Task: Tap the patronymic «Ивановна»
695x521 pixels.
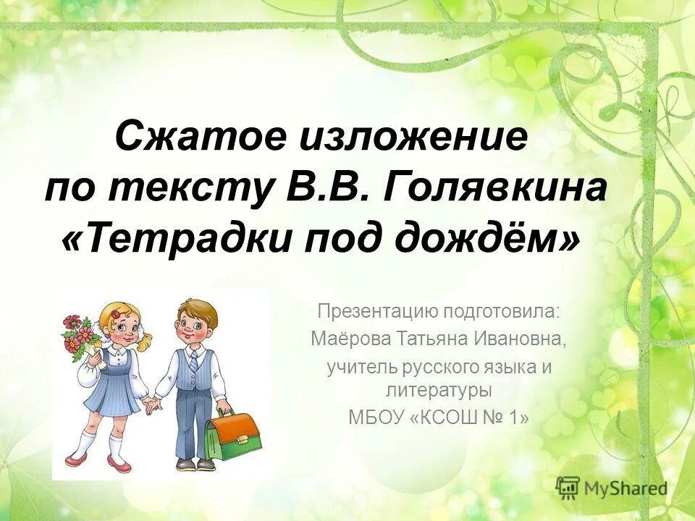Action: pyautogui.click(x=520, y=339)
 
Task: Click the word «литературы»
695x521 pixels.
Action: pyautogui.click(x=439, y=391)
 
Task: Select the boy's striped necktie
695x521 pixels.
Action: pyautogui.click(x=193, y=362)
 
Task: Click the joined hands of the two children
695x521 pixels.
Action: pyautogui.click(x=152, y=405)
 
